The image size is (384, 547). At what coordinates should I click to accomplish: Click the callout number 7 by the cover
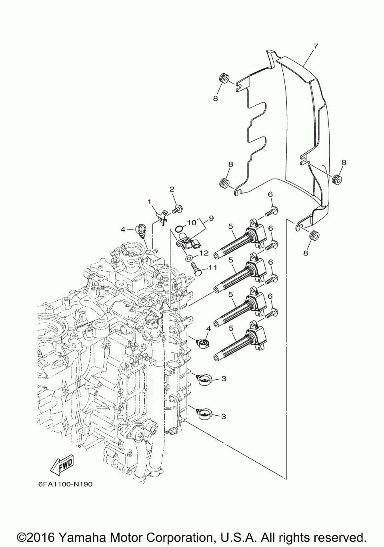click(x=316, y=46)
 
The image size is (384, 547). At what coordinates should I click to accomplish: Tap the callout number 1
click(x=149, y=202)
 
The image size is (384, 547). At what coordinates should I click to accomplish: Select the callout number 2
click(x=172, y=189)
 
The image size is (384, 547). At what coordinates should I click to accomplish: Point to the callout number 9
click(x=211, y=218)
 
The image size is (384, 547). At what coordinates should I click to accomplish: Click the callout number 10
click(x=192, y=223)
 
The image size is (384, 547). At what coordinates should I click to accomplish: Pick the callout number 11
click(x=212, y=268)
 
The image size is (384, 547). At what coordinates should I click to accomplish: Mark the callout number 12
click(x=204, y=253)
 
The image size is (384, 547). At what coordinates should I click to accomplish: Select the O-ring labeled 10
click(x=179, y=229)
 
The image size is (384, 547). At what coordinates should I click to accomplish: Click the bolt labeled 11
click(x=196, y=269)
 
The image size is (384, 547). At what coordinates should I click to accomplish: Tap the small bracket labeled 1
click(x=162, y=216)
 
